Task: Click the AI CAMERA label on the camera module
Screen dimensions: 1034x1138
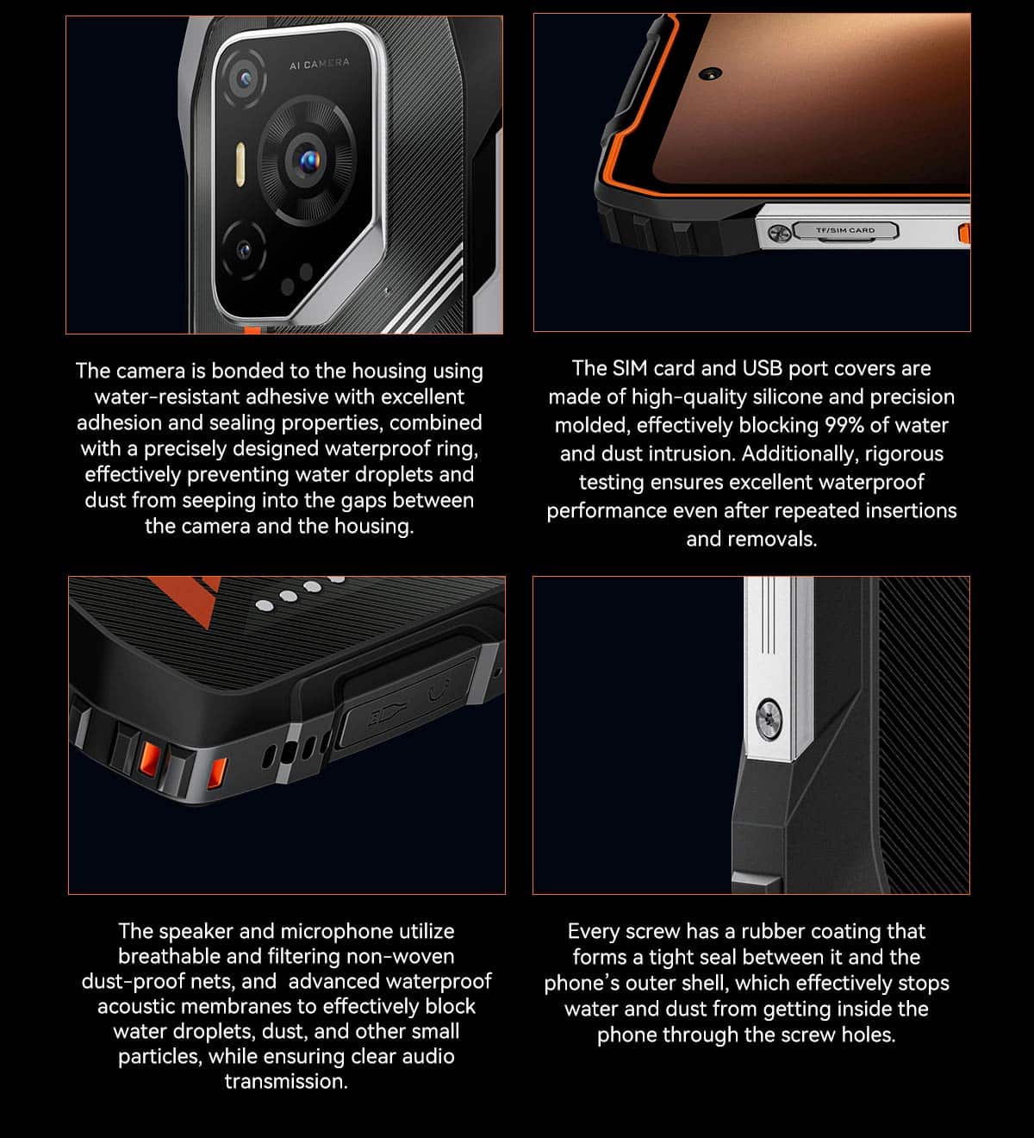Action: pyautogui.click(x=320, y=64)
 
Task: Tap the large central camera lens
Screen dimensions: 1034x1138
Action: pyautogui.click(x=307, y=161)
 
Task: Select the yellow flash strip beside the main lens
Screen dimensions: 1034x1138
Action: pyautogui.click(x=240, y=164)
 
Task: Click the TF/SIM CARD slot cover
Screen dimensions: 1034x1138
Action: pyautogui.click(x=845, y=230)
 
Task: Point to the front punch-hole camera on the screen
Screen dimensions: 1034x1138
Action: pyautogui.click(x=711, y=74)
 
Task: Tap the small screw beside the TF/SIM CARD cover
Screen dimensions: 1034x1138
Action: pyautogui.click(x=779, y=233)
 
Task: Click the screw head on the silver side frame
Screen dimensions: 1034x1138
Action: pyautogui.click(x=769, y=720)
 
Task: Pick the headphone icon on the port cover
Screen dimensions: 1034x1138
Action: pyautogui.click(x=439, y=689)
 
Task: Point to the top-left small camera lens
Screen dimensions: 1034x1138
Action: pyautogui.click(x=244, y=78)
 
